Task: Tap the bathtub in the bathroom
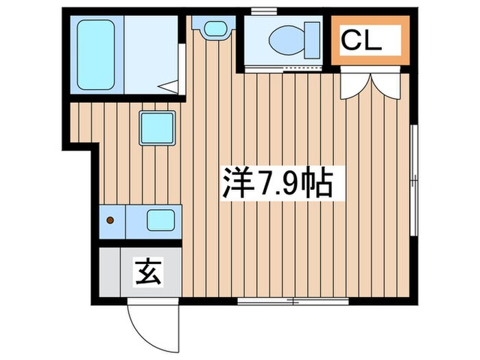pos(95,54)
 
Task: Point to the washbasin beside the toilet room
pos(213,28)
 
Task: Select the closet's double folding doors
pos(370,82)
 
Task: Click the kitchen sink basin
pos(162,220)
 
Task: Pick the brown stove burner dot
pos(110,220)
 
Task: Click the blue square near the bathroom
pos(158,127)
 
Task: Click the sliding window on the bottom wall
pos(293,301)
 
